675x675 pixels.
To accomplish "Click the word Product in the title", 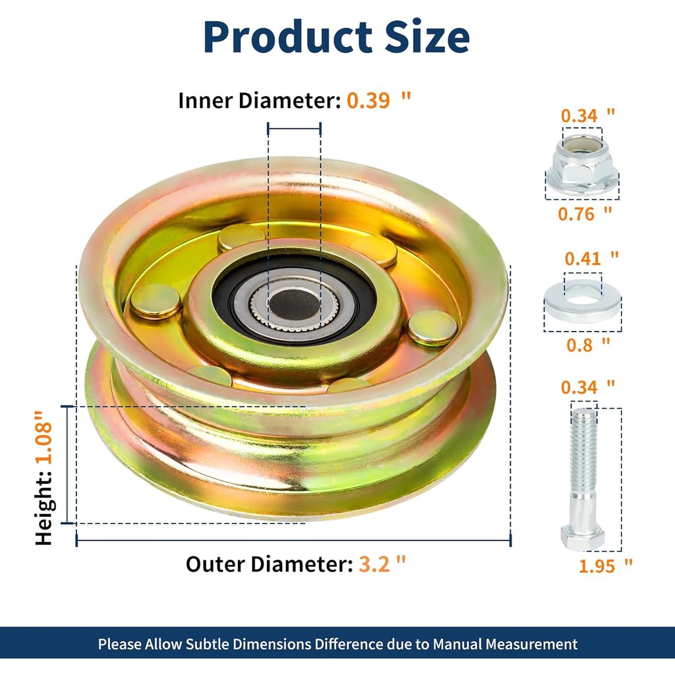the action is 287,37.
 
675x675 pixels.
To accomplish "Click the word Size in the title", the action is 426,37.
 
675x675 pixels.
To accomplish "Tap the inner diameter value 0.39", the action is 368,101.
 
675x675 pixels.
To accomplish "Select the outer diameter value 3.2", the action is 374,564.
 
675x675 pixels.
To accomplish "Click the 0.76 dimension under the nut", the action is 576,214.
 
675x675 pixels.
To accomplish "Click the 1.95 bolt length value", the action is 597,566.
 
